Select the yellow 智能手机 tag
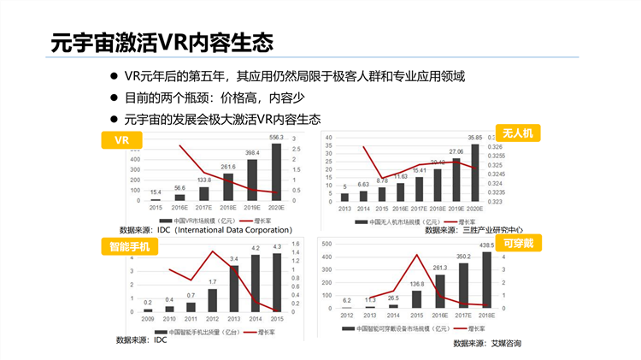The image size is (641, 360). [129, 247]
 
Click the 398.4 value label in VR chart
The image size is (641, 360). [252, 153]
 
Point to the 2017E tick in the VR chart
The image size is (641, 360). [204, 207]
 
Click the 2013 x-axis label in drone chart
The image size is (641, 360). [344, 207]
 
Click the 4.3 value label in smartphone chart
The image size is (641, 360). [276, 247]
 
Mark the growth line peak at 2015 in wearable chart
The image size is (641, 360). [417, 255]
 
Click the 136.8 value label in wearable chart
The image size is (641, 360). [417, 284]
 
